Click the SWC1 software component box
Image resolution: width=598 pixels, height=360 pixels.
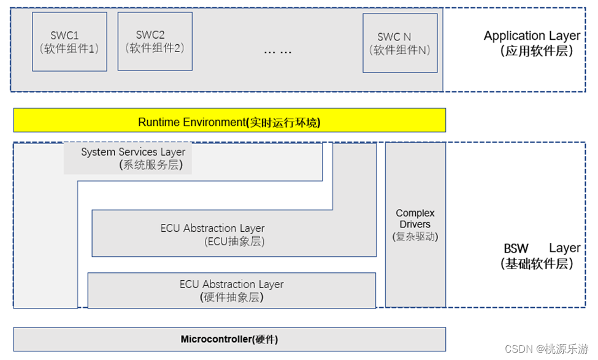tap(69, 42)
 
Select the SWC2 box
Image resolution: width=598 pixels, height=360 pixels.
tap(155, 41)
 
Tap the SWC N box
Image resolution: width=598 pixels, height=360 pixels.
tap(400, 43)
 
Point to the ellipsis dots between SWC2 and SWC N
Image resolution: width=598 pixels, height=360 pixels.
tap(278, 52)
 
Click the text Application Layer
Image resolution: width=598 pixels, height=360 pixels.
tap(532, 36)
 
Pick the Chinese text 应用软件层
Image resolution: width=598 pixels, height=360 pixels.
tap(537, 52)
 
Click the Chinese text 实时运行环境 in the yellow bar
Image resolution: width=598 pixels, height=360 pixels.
tap(283, 123)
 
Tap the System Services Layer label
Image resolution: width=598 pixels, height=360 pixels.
tap(133, 151)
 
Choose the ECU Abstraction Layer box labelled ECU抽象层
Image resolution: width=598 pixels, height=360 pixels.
tap(234, 234)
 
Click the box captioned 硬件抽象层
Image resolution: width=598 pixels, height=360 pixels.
tap(231, 291)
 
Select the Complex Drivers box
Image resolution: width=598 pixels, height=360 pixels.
tap(415, 224)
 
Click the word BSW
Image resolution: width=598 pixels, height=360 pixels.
tap(516, 248)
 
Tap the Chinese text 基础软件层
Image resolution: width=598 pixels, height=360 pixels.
tap(537, 264)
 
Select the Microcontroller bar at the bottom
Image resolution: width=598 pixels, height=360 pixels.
tap(229, 339)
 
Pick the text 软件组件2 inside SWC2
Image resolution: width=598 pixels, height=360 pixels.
tap(155, 48)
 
